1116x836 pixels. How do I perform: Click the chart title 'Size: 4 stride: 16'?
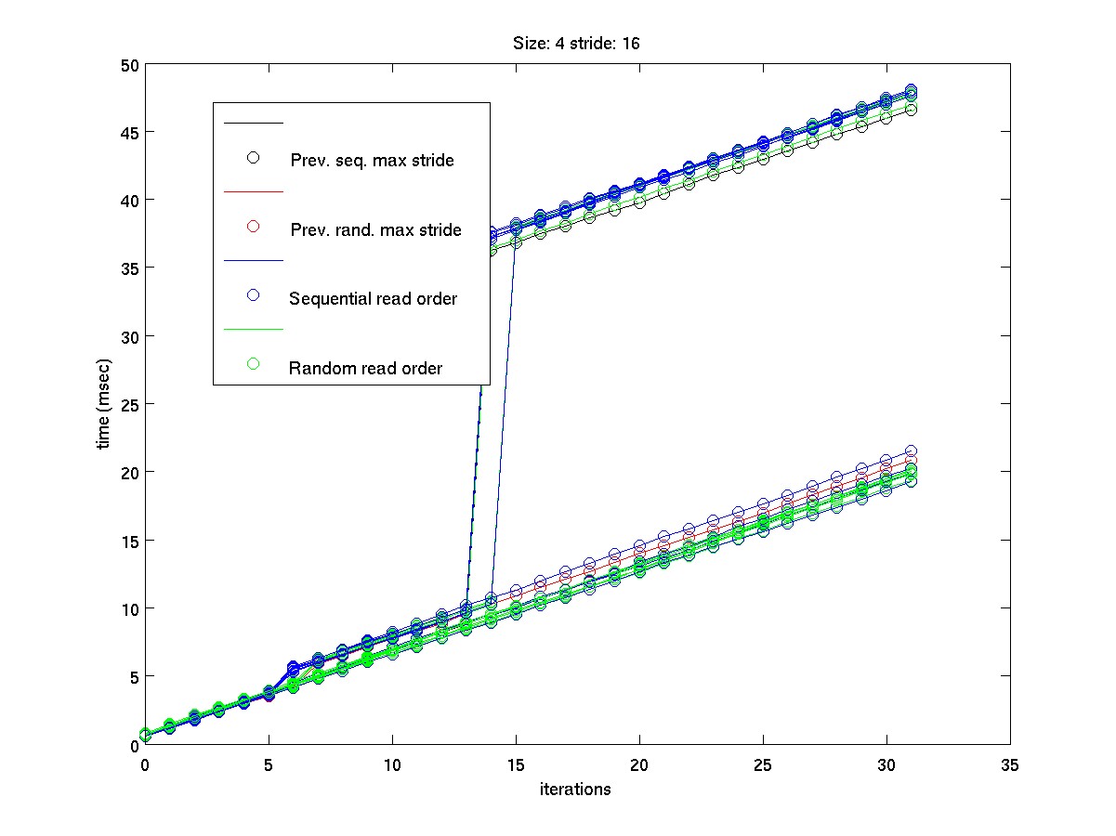576,43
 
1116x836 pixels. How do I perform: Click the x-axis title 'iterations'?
576,790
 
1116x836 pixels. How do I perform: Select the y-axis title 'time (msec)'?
105,404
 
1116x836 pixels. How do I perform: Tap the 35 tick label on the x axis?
1010,764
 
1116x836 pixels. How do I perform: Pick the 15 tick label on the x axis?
516,764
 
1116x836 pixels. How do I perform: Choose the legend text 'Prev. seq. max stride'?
372,160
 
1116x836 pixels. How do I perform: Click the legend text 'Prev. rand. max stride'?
375,229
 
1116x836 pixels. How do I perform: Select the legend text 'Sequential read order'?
373,298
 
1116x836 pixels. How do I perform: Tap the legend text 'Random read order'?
365,368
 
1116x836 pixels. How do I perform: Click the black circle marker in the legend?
253,157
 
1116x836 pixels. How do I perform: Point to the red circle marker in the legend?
253,227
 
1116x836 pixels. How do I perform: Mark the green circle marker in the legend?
253,364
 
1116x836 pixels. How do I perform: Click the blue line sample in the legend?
253,261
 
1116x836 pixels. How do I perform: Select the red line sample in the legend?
253,192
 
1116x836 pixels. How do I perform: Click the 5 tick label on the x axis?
269,764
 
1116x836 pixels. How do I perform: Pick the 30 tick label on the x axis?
886,764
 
